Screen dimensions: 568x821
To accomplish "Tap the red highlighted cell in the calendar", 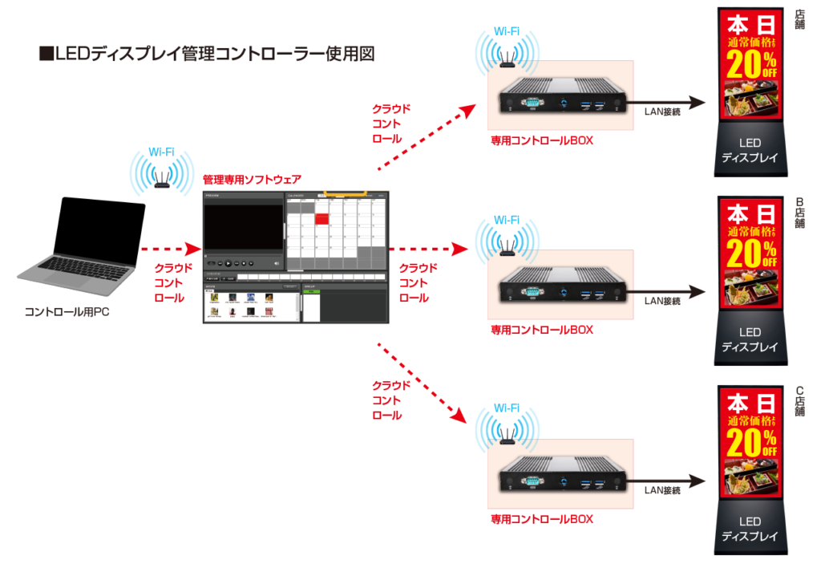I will [322, 219].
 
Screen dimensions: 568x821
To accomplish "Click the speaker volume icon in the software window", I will [277, 263].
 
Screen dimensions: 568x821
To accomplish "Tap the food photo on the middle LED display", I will [750, 290].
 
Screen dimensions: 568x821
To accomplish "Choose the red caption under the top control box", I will [542, 141].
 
